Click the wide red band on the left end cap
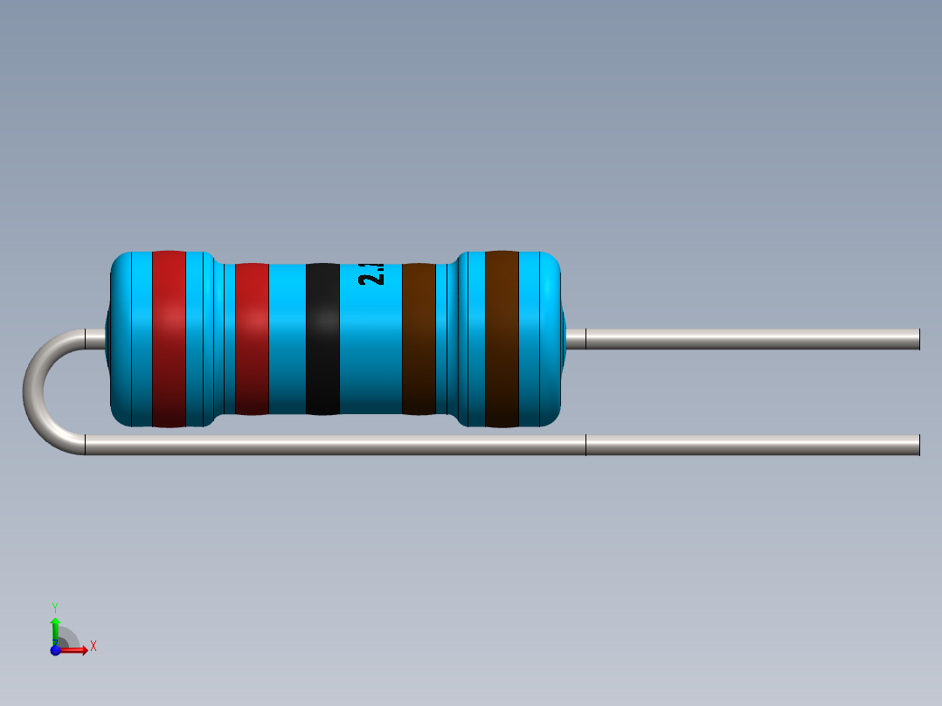click(169, 339)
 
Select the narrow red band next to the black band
click(252, 339)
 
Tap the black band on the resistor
click(322, 339)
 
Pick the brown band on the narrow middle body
click(419, 339)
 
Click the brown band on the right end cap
click(502, 339)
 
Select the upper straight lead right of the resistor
click(752, 339)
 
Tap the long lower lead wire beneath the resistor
click(332, 445)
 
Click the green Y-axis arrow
click(55, 627)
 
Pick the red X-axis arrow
click(76, 650)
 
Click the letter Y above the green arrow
click(55, 606)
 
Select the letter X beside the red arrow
click(93, 647)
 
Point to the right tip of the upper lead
click(918, 339)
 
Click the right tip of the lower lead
click(918, 445)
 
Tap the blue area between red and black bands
click(287, 339)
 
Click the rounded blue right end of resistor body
click(551, 339)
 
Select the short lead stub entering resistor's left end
click(94, 339)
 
